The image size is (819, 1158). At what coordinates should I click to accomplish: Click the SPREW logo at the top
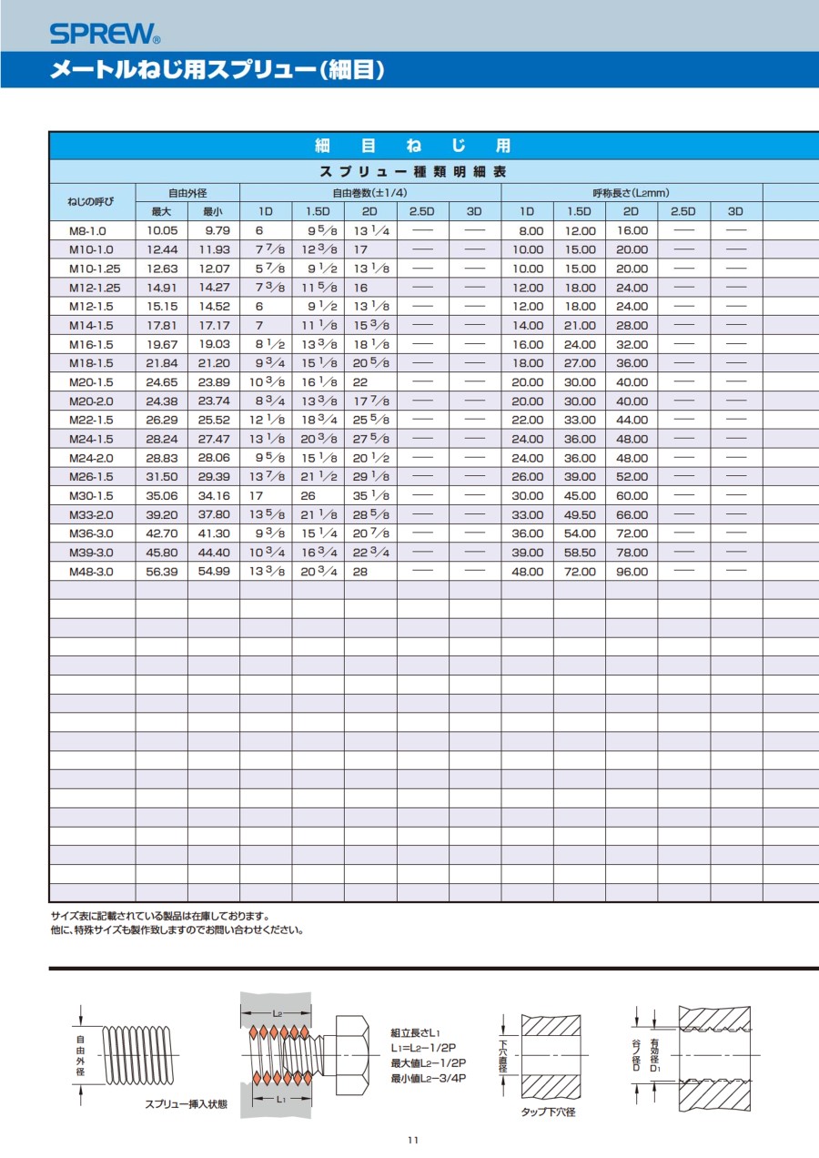point(105,35)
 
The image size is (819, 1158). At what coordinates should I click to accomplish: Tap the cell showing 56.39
point(162,572)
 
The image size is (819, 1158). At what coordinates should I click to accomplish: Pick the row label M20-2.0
point(92,401)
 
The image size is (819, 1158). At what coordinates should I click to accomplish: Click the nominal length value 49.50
point(580,515)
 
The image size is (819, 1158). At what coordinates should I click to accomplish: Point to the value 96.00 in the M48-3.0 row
point(632,572)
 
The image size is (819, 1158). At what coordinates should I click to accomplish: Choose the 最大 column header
point(162,211)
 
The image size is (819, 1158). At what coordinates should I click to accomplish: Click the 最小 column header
point(214,211)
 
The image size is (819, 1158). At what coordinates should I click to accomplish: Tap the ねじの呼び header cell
point(92,202)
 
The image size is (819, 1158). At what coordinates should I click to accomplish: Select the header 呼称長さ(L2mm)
point(632,193)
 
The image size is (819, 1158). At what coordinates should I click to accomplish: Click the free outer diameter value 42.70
point(162,534)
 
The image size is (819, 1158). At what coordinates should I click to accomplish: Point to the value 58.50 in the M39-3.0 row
point(580,553)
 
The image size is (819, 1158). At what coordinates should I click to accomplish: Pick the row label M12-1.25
point(95,288)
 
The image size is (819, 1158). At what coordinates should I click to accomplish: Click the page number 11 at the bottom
point(412,1141)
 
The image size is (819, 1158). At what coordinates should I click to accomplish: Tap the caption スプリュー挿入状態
point(186,1104)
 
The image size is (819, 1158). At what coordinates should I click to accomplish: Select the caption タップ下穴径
point(548,1112)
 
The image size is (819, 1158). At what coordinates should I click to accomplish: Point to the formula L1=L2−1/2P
point(423,1048)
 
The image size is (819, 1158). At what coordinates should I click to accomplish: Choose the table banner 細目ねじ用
point(412,146)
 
